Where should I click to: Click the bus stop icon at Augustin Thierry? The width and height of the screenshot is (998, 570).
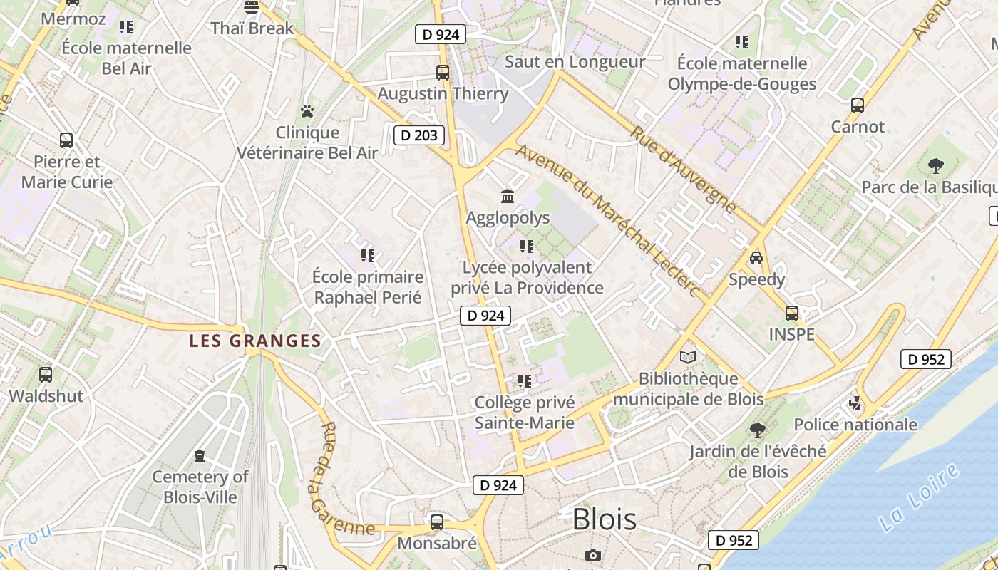click(443, 72)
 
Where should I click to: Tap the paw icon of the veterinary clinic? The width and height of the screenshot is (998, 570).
click(307, 111)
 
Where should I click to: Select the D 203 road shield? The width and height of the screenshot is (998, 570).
click(419, 135)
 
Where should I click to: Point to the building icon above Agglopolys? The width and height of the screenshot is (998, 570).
click(508, 196)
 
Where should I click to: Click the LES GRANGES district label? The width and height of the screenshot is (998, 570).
click(255, 341)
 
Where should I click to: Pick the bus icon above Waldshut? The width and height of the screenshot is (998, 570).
click(46, 374)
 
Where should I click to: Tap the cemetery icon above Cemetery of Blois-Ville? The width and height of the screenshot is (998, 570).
click(200, 455)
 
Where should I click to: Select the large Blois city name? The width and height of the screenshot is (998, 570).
click(605, 519)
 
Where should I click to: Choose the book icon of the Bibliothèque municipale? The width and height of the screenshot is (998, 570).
click(688, 357)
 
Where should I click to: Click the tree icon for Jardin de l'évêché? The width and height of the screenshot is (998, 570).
click(758, 430)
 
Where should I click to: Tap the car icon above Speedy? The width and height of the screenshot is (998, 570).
click(756, 257)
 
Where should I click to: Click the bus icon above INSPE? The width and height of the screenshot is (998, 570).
click(791, 313)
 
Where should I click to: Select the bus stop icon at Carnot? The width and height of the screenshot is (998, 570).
click(858, 105)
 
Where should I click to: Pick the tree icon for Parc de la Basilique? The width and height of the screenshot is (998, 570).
click(936, 165)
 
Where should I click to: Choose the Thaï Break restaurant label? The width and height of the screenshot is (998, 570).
click(252, 28)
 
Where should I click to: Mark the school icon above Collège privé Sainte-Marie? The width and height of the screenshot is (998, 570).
click(525, 381)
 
